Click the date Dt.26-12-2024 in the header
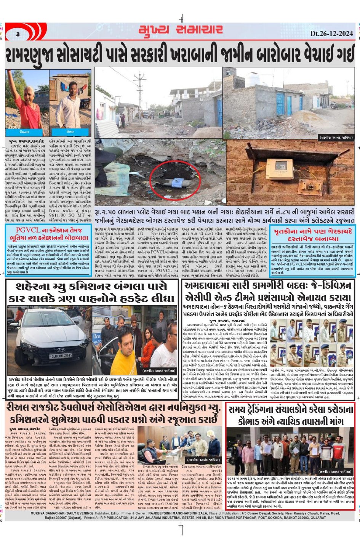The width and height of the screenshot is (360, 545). click(331, 34)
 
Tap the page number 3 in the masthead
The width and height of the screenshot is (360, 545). click(18, 34)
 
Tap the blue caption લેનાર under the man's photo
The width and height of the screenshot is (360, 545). click(70, 131)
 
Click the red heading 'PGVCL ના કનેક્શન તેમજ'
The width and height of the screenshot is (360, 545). click(48, 230)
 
